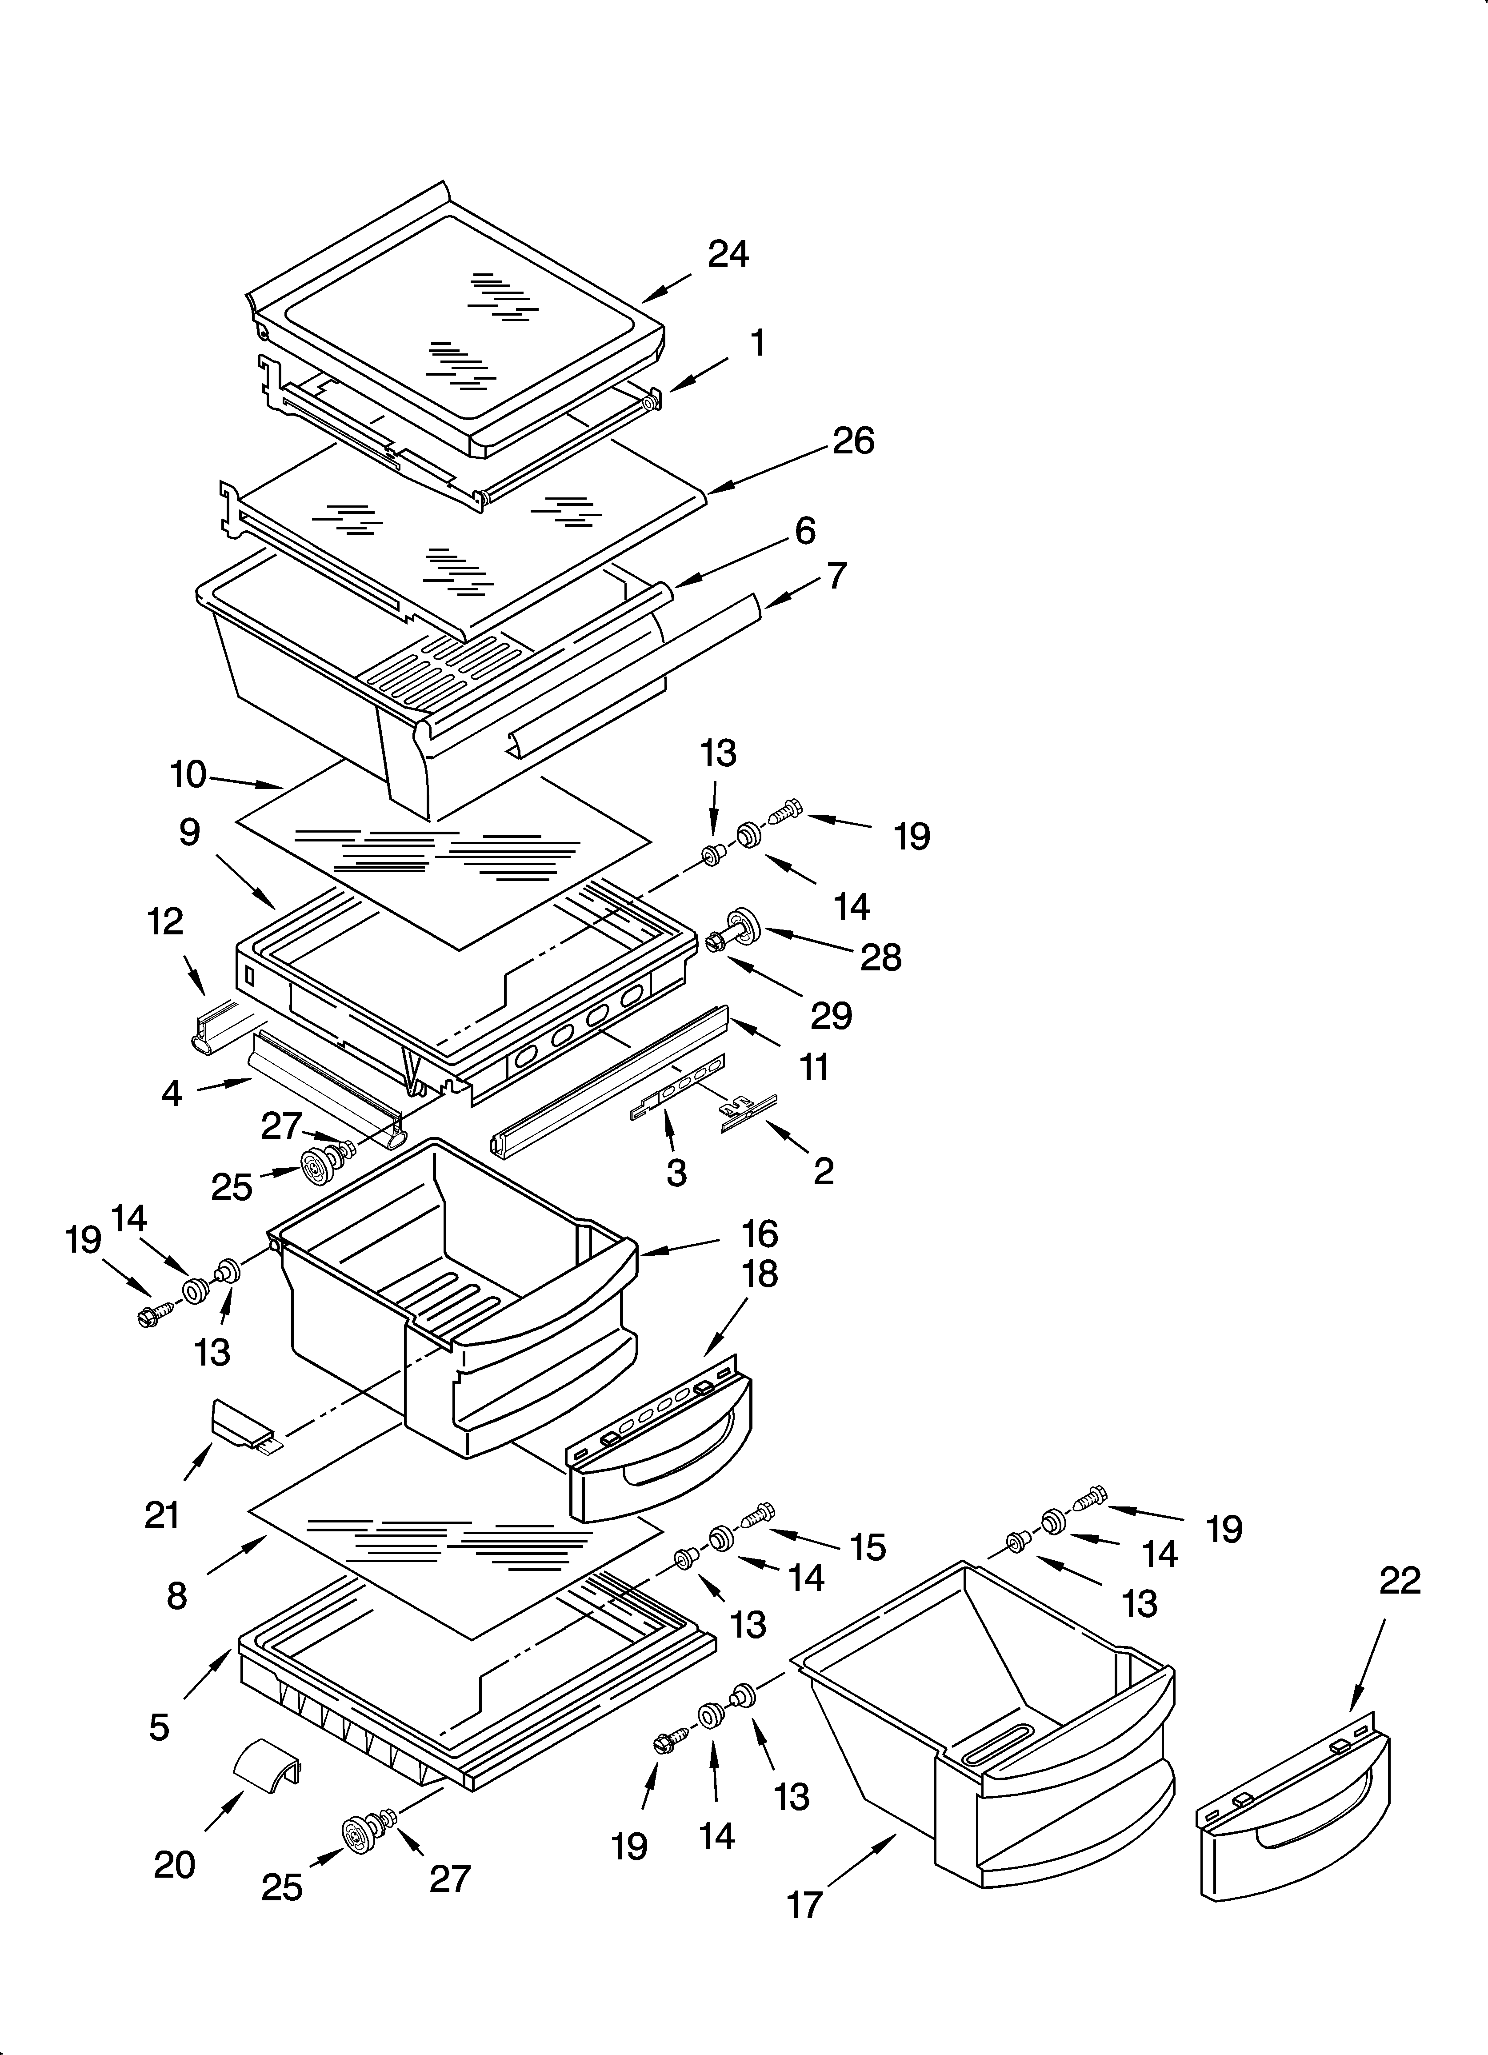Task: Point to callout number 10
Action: [188, 776]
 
